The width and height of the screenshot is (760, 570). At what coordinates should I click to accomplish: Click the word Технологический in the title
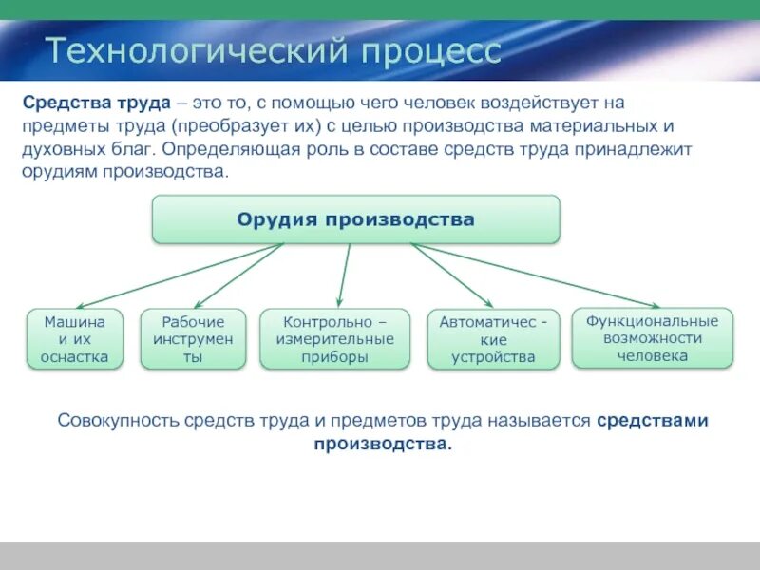click(x=198, y=50)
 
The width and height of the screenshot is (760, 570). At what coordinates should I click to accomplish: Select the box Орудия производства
click(x=356, y=219)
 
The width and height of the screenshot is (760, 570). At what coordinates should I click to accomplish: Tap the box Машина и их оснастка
click(x=75, y=339)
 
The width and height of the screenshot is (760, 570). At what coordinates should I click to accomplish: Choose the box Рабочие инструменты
click(x=193, y=339)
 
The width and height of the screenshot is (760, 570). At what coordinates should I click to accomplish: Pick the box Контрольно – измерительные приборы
click(x=334, y=339)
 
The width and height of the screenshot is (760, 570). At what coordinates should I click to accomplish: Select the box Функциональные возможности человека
click(x=652, y=338)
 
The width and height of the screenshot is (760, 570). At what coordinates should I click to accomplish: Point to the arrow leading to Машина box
click(x=180, y=276)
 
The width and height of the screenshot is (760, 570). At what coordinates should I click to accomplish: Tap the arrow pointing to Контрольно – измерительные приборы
click(x=344, y=275)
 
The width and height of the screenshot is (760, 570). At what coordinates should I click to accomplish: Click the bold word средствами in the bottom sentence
click(x=653, y=421)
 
